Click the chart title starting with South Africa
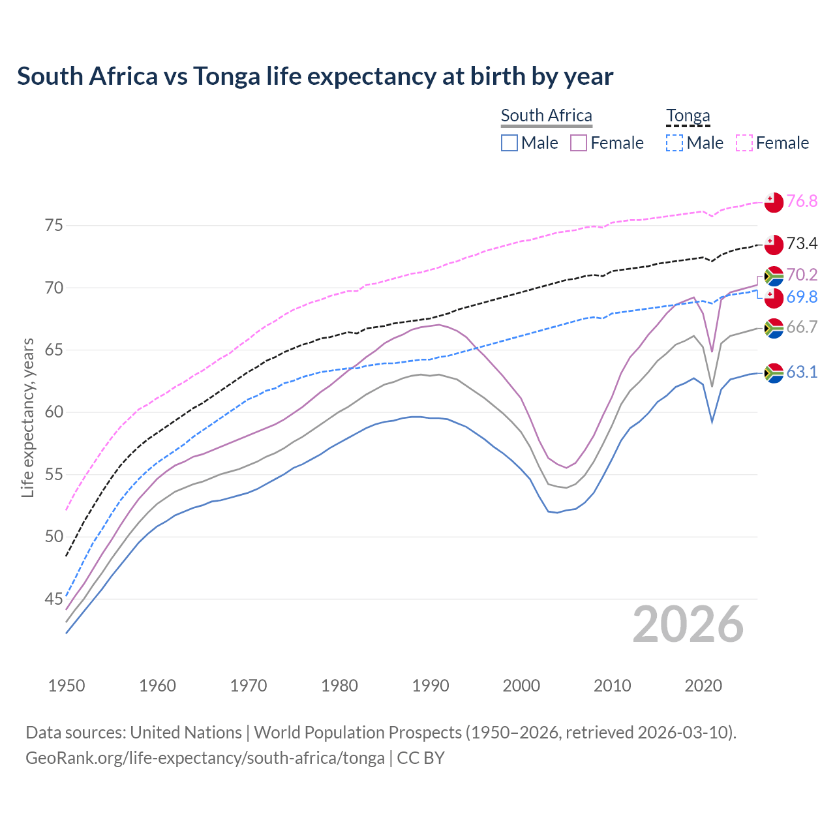[315, 76]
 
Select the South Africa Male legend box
[509, 143]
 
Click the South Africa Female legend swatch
[579, 143]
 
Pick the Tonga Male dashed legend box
[675, 143]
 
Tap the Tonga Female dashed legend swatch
[744, 143]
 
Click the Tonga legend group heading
[688, 115]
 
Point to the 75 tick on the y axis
[53, 226]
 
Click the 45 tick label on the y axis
[53, 599]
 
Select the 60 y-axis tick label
[53, 412]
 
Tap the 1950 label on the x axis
[67, 686]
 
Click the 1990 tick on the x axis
[431, 686]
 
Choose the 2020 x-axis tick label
[703, 686]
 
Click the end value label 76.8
[802, 202]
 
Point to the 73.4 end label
[802, 244]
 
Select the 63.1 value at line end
[802, 372]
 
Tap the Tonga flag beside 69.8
[774, 298]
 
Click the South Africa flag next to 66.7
[774, 328]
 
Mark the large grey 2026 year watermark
[688, 624]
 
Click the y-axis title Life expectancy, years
[28, 417]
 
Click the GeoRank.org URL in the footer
[205, 758]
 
